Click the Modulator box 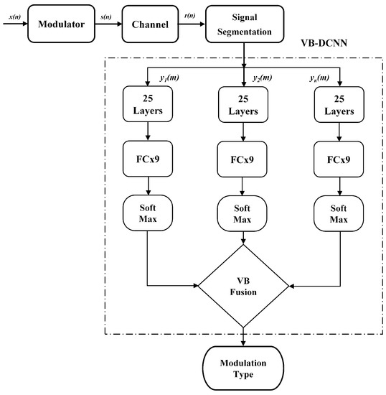coord(61,25)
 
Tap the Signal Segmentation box coord(244,25)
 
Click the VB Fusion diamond coord(243,286)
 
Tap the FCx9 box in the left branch coord(148,158)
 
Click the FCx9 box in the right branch coord(339,158)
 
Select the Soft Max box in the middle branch coord(243,212)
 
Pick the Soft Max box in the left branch coord(148,212)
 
